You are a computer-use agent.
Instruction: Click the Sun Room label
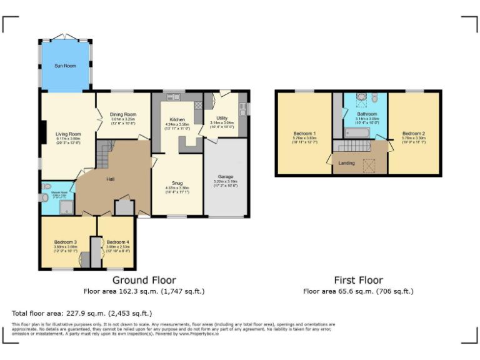point(65,66)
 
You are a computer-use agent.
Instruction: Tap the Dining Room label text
point(123,114)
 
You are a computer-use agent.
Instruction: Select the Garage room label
point(226,177)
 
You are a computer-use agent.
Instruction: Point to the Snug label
point(177,182)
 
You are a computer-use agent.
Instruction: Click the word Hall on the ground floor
point(110,179)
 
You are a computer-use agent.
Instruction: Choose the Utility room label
point(222,117)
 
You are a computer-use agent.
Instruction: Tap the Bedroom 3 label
point(65,242)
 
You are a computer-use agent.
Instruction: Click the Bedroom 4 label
point(117,242)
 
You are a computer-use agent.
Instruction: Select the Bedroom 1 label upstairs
point(304,134)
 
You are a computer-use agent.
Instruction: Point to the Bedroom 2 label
point(413,134)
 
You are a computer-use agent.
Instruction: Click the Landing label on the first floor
point(346,163)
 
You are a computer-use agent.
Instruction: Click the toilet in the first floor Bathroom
point(374,99)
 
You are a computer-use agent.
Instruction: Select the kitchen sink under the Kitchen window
point(174,97)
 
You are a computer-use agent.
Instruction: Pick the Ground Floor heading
point(144,280)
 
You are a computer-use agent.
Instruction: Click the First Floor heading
point(358,280)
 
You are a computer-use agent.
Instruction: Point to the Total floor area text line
point(81,313)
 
